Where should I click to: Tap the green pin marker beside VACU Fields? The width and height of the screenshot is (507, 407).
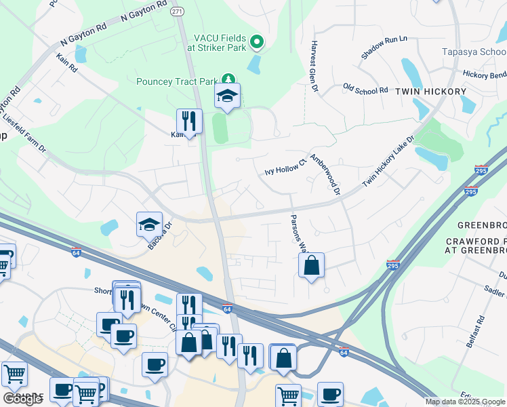257,43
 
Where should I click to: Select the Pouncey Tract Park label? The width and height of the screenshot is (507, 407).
178,82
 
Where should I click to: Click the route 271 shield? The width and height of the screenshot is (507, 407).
177,12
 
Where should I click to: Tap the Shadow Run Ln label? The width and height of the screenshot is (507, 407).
383,47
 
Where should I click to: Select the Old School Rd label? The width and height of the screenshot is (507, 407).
365,89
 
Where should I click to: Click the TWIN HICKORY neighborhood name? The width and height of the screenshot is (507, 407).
431,92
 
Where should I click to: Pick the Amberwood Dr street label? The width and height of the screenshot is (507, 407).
325,173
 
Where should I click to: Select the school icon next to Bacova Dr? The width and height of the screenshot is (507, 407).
149,225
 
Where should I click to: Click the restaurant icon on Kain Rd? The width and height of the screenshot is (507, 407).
189,121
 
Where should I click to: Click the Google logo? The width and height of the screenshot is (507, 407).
22,399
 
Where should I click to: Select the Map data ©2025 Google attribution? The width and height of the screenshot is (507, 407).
466,402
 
